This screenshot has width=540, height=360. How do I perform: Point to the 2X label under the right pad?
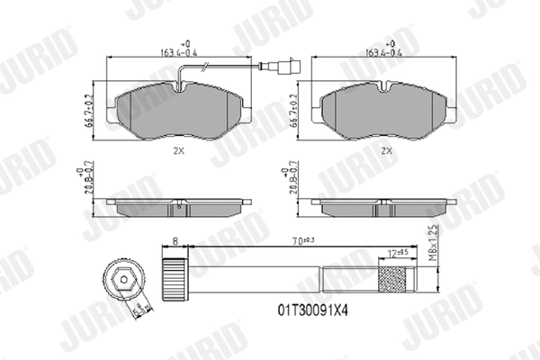pyautogui.click(x=387, y=150)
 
